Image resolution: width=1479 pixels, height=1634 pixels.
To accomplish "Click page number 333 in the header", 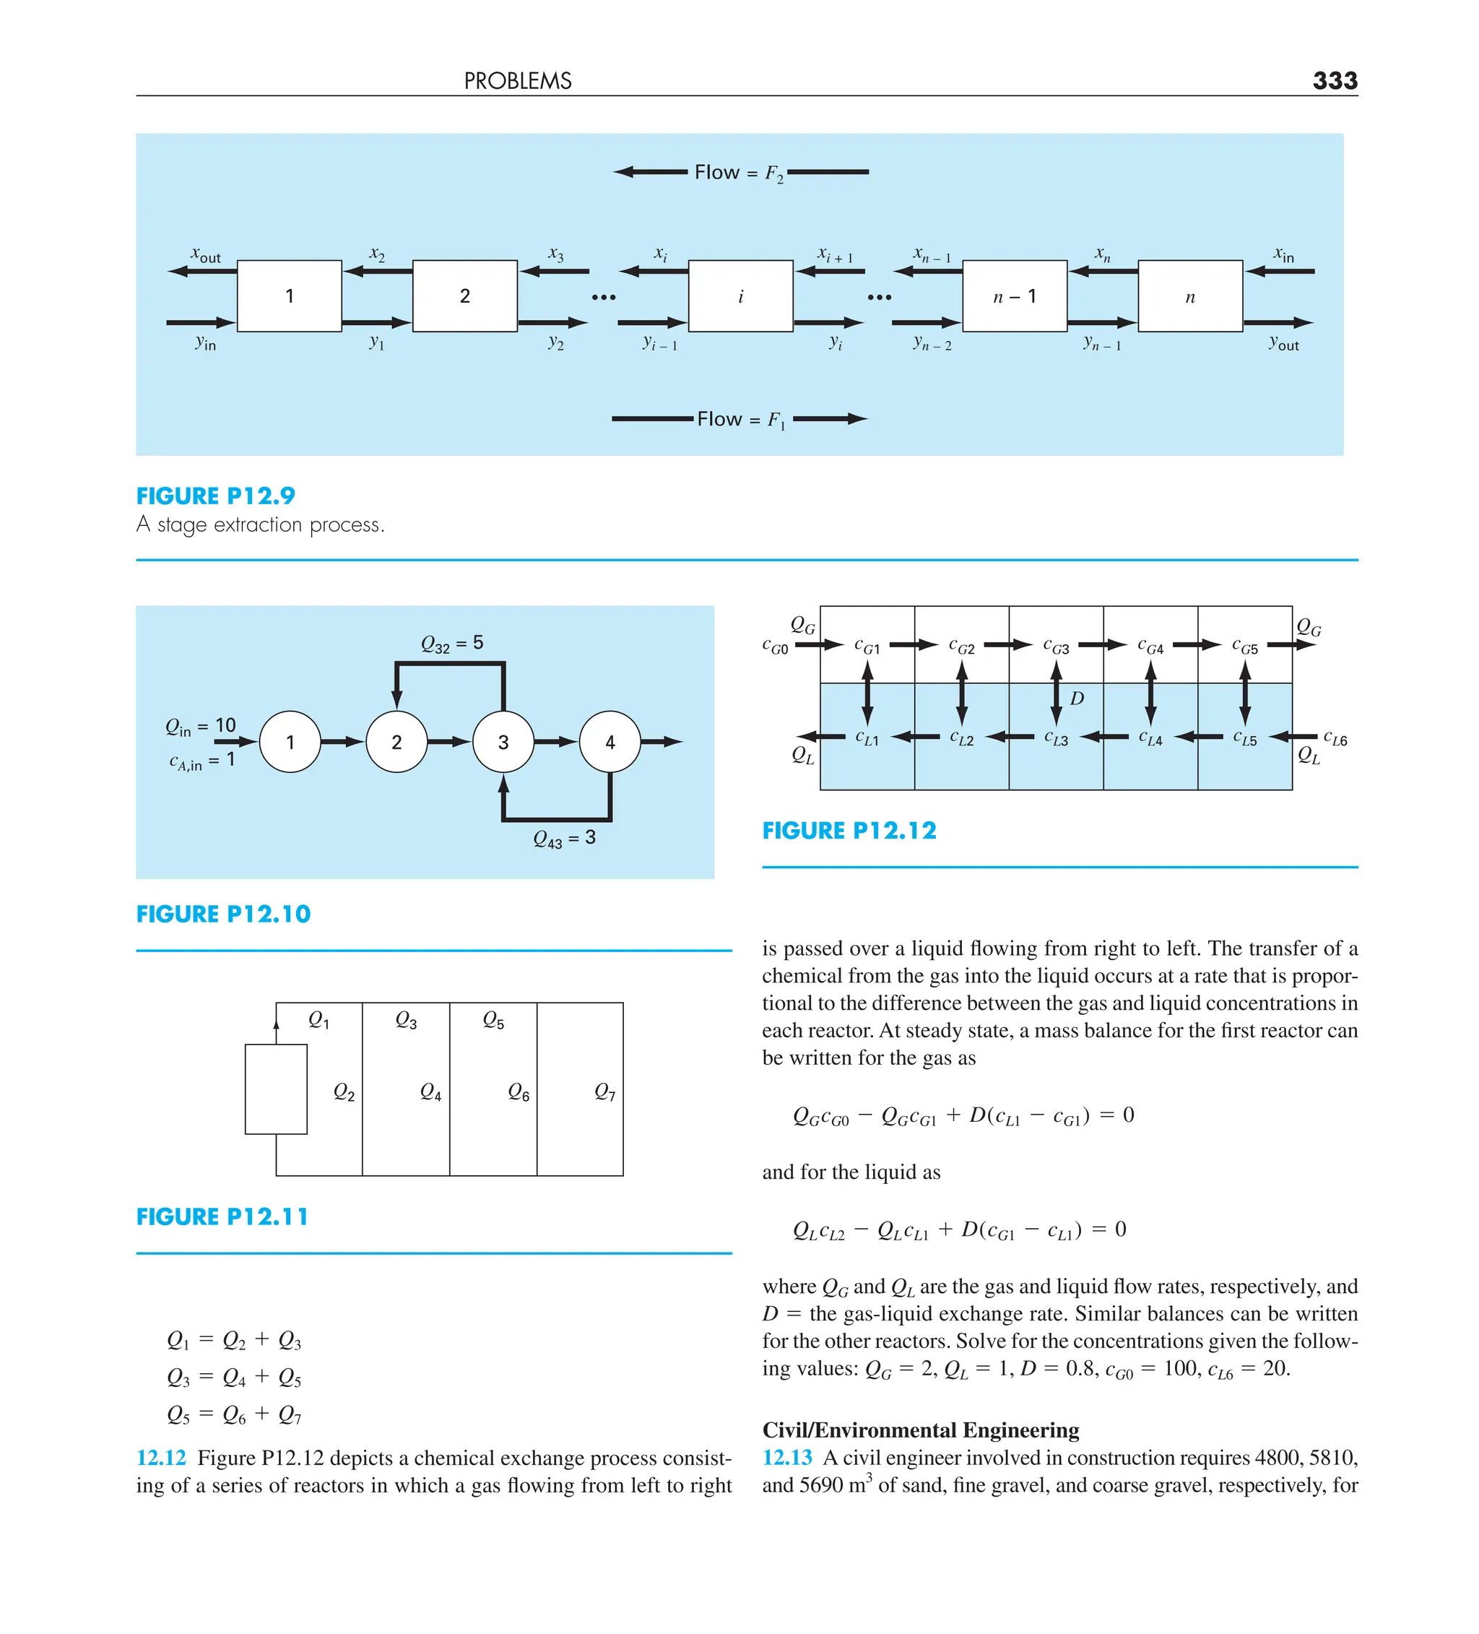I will coord(1334,80).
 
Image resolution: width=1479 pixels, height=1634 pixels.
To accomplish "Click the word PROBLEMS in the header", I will coord(517,81).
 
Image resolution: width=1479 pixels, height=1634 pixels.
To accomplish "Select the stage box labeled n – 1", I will coord(1014,296).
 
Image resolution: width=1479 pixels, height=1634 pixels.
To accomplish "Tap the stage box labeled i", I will coord(740,296).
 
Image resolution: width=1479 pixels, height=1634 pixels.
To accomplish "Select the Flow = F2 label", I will coord(738,173).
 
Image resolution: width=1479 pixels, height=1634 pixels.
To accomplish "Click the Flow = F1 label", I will coord(741,420).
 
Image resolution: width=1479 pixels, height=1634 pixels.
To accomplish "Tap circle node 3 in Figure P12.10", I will coord(503,742).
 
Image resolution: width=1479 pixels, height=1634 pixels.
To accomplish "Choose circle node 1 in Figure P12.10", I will coord(290,742).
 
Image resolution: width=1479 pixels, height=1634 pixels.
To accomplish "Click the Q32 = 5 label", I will coord(451,644).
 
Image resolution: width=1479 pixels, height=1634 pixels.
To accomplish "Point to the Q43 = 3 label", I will coord(564,838).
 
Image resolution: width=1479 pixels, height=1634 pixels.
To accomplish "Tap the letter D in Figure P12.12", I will coord(1076,698).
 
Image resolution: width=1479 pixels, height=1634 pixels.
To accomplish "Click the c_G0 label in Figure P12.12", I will coord(775,647).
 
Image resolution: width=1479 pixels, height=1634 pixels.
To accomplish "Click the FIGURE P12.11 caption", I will coord(222,1216).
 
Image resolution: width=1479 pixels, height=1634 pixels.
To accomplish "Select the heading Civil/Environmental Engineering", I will coord(920,1430).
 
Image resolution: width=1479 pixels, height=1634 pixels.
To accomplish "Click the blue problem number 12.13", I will coord(786,1457).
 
